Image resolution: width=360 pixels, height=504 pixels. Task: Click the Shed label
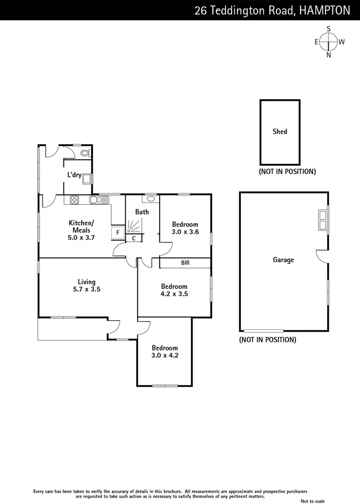[280, 132]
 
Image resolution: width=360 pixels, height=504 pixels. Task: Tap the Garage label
[283, 260]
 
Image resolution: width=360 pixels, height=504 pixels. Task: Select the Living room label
[87, 282]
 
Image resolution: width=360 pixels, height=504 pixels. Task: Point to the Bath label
[142, 212]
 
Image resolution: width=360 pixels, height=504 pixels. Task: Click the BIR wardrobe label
[185, 263]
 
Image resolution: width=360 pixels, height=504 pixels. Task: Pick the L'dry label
[74, 175]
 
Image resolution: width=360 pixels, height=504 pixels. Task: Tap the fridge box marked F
[118, 232]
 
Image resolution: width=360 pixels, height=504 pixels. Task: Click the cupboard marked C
[134, 238]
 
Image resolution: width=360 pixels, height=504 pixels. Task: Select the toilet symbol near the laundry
[85, 153]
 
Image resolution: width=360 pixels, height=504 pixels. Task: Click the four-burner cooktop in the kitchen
[74, 200]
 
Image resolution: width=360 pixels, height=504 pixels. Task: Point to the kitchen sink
[99, 200]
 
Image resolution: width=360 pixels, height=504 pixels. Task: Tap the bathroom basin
[150, 199]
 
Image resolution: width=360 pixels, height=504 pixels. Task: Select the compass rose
[329, 42]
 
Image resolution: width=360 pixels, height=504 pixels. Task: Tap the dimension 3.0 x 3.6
[185, 231]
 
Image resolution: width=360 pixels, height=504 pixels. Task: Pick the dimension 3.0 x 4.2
[165, 355]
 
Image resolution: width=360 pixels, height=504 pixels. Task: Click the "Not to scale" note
[312, 501]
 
